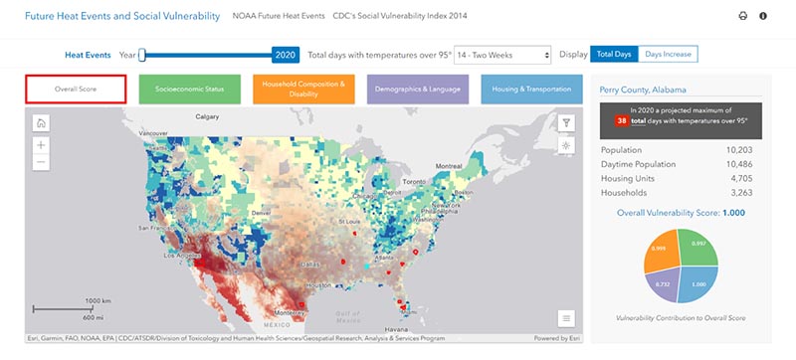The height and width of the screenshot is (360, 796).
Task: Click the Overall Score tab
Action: tap(76, 88)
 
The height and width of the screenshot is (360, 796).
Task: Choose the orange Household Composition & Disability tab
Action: tap(303, 88)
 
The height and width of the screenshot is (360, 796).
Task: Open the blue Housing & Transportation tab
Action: tap(531, 88)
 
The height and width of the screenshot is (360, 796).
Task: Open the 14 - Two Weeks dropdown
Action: tap(502, 55)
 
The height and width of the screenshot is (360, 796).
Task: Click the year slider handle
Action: tap(142, 55)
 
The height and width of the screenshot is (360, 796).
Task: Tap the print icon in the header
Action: tap(742, 16)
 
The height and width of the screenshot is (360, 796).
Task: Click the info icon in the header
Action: tap(763, 16)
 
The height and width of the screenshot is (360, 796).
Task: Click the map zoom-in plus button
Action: tap(41, 145)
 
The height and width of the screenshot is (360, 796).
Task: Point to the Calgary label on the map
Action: tap(207, 116)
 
